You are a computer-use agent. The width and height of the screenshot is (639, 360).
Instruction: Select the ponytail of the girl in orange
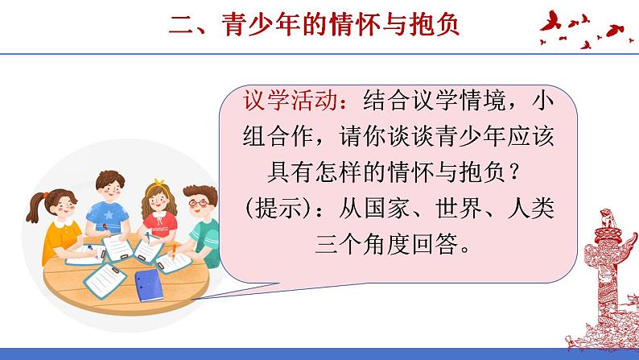coord(37,205)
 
